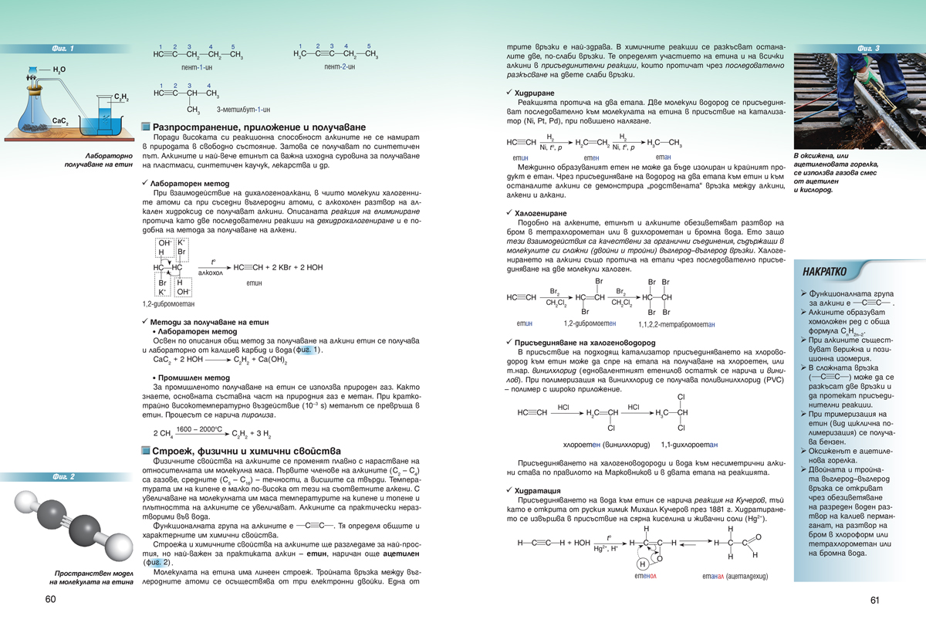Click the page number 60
(x=51, y=600)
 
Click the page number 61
(x=875, y=600)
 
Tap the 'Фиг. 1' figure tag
(x=63, y=49)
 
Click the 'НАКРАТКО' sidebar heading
(x=824, y=272)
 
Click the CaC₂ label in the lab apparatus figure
(x=61, y=121)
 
